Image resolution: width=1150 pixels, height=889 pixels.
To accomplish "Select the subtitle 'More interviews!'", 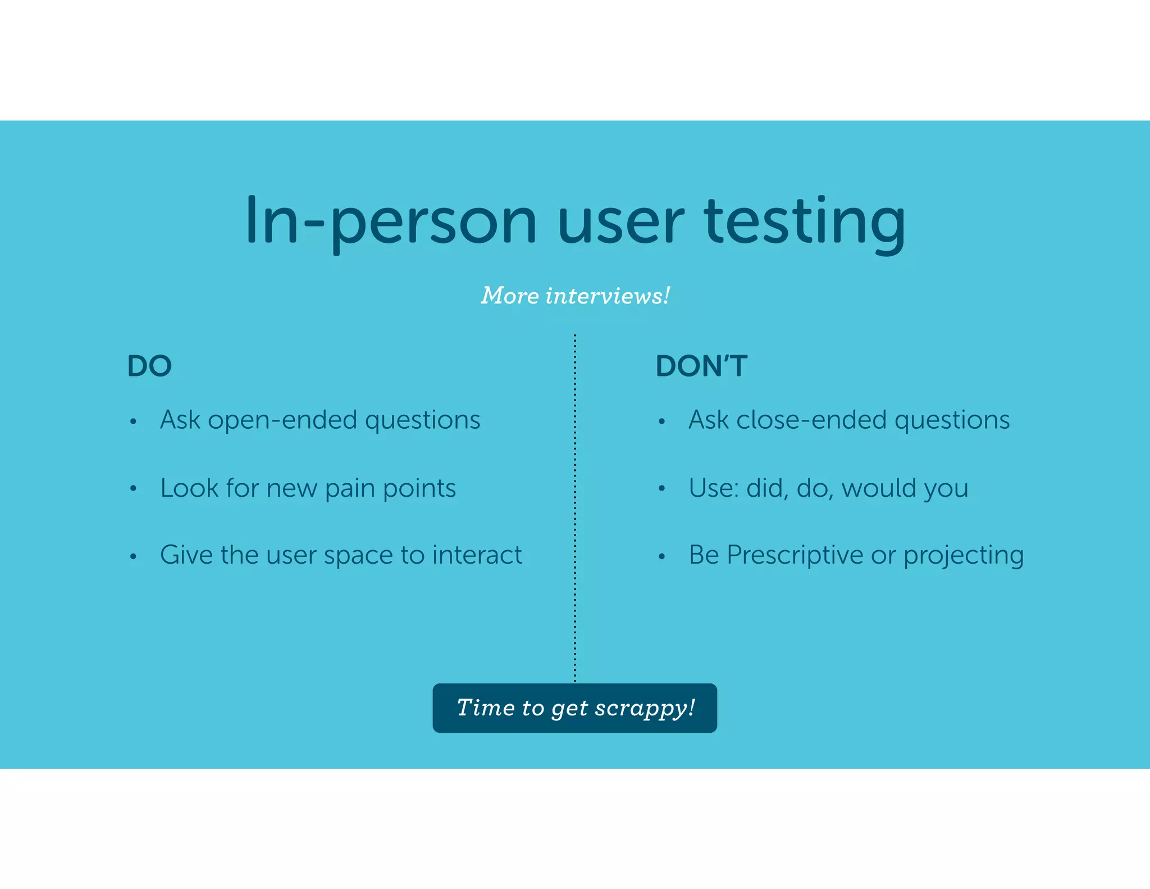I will pos(575,296).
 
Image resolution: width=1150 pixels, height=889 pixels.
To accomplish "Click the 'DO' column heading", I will pos(149,366).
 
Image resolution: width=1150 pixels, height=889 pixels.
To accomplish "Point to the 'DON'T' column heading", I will pos(701,366).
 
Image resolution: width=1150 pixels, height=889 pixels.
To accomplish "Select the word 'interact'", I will pos(477,555).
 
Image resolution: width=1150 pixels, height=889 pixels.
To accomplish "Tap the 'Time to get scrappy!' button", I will pos(575,708).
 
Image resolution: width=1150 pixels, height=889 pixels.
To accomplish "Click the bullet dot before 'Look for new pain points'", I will pos(133,489).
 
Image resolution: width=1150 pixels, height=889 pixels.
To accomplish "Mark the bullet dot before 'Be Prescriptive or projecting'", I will pos(662,557).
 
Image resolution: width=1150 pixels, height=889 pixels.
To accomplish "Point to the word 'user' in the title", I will pos(620,222).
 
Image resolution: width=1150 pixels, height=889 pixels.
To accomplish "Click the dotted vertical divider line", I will pos(575,506).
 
